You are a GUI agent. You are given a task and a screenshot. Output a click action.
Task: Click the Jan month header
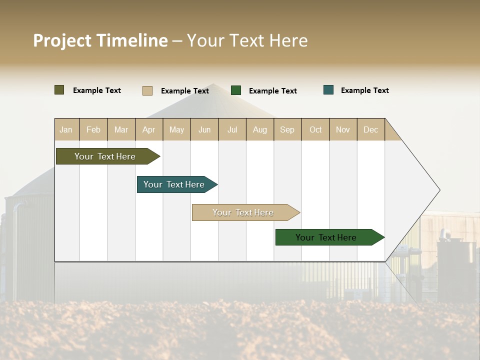(x=66, y=129)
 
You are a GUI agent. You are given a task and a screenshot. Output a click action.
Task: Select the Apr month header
(x=149, y=129)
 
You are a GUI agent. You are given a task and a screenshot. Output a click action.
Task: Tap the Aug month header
(x=260, y=129)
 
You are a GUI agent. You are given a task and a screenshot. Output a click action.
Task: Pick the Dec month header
(x=371, y=129)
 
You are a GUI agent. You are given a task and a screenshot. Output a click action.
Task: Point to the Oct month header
(x=315, y=129)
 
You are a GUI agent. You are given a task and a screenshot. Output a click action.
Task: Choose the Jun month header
(x=204, y=129)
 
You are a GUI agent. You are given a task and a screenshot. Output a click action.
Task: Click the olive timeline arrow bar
(x=105, y=156)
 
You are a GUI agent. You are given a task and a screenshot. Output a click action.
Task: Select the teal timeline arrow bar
(x=174, y=184)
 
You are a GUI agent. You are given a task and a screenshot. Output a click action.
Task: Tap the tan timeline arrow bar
(x=243, y=212)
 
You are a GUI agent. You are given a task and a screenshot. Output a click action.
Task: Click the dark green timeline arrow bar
(x=326, y=237)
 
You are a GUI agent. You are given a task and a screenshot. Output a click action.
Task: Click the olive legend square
(x=59, y=90)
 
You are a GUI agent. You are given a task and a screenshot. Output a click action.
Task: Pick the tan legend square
(x=147, y=90)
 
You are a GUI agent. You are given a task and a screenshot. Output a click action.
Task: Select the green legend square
(x=236, y=90)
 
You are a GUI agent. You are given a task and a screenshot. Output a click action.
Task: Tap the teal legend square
(x=328, y=90)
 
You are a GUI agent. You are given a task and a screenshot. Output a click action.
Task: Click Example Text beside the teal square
(x=364, y=90)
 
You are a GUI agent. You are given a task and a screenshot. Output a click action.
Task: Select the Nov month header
(x=343, y=129)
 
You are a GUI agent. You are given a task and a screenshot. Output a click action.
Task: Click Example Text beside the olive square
(x=97, y=90)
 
